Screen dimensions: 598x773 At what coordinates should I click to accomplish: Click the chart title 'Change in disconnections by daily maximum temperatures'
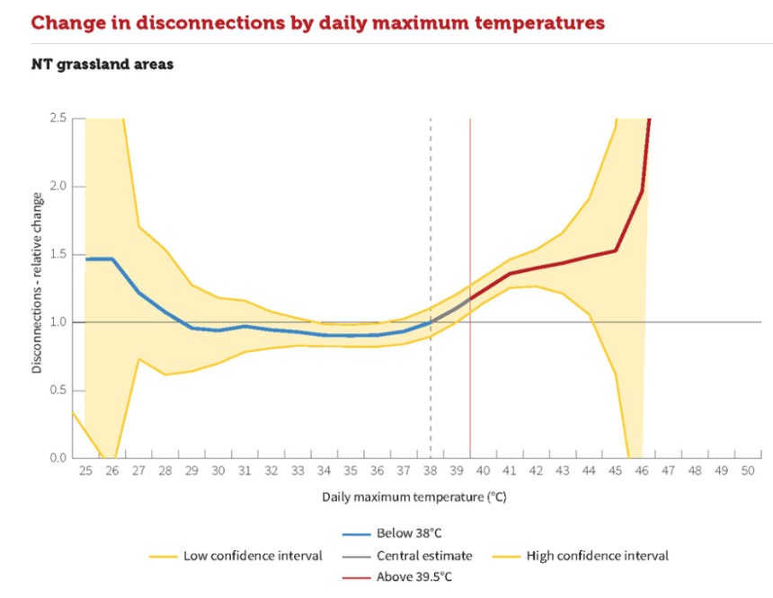tap(317, 22)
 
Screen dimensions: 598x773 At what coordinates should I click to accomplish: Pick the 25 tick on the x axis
tap(85, 470)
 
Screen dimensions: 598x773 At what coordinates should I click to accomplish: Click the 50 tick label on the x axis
tap(748, 470)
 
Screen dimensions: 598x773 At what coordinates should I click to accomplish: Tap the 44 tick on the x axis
tap(589, 470)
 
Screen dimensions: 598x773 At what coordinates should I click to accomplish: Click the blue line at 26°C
tap(111, 259)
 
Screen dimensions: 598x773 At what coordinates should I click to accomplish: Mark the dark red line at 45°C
tap(615, 251)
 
